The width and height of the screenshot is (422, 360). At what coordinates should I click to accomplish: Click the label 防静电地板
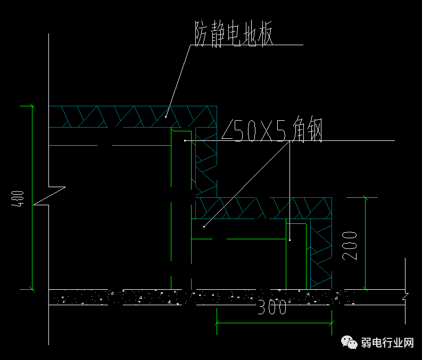tap(234, 34)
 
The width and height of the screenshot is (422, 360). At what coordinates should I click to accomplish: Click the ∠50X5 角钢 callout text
tap(271, 129)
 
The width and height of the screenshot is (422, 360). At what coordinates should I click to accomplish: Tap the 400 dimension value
tap(18, 199)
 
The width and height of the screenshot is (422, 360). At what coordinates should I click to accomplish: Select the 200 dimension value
tap(350, 246)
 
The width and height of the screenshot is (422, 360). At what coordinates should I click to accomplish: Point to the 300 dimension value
tap(272, 307)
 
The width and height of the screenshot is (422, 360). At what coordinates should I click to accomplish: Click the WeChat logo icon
tap(349, 342)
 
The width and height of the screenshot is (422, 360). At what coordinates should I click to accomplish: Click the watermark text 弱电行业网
tap(387, 343)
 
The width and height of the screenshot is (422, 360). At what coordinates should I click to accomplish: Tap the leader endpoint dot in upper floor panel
tap(166, 117)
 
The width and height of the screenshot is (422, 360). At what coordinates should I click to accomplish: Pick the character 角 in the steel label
tap(299, 129)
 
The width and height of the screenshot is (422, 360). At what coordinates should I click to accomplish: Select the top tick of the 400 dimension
tap(32, 106)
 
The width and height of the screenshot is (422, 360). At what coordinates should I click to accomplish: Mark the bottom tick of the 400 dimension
tap(32, 290)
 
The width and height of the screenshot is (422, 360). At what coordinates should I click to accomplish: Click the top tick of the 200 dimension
tap(365, 198)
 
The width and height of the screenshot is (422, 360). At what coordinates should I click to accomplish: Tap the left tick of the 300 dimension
tap(217, 323)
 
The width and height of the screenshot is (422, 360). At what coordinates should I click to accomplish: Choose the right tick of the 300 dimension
tap(332, 323)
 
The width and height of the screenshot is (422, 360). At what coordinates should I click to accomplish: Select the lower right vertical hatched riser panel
tap(321, 254)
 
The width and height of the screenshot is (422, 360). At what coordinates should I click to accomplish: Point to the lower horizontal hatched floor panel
tap(263, 208)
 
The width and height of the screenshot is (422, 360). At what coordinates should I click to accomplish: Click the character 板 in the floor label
tap(266, 34)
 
